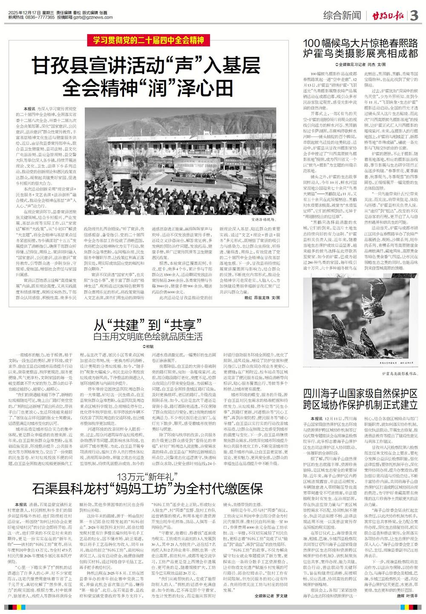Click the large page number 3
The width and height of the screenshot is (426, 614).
tap(414, 16)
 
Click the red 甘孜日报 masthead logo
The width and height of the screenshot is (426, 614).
tap(386, 16)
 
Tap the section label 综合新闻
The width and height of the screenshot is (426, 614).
tap(342, 16)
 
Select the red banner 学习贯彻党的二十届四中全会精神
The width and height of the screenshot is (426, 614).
tap(146, 40)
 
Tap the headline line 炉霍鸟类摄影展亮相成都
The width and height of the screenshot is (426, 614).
tap(360, 54)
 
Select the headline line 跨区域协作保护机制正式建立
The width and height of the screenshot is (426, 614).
tap(360, 405)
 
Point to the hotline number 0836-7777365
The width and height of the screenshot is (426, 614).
tap(40, 17)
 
